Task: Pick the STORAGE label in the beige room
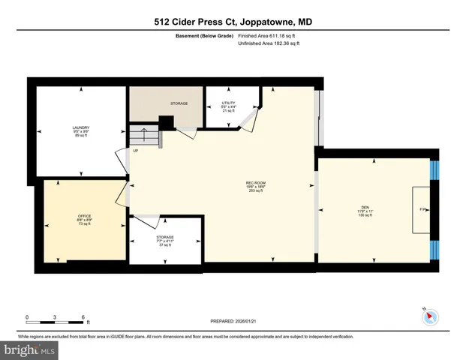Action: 179,103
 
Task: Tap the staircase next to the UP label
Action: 142,136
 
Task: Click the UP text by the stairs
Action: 136,151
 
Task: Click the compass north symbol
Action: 429,316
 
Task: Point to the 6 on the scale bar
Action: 83,316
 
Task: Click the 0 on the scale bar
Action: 27,316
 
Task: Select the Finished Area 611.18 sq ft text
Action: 268,35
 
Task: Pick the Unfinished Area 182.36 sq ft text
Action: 268,43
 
